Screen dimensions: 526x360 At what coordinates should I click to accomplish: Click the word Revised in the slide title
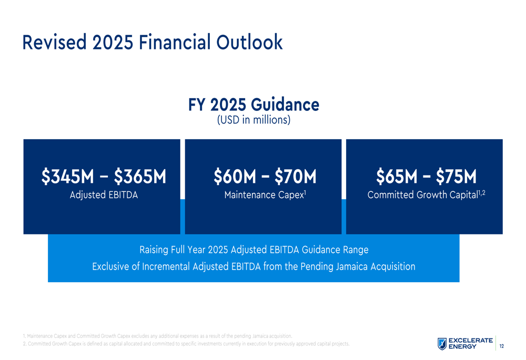[55, 42]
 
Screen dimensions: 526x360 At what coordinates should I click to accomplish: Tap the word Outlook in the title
[249, 42]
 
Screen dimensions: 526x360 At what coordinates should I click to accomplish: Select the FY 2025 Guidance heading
[254, 105]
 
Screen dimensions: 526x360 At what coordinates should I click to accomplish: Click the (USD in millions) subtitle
[254, 120]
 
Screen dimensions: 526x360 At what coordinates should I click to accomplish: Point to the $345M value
[68, 177]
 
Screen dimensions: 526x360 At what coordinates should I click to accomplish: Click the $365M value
[140, 177]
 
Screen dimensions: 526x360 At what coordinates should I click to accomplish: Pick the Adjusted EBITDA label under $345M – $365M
[104, 195]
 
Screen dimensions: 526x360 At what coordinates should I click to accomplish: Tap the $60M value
[235, 177]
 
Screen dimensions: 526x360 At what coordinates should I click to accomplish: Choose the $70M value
[295, 177]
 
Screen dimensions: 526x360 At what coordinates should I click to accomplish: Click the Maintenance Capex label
[265, 195]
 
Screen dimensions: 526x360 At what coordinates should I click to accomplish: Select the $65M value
[397, 177]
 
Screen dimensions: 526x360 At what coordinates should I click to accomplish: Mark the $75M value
[456, 177]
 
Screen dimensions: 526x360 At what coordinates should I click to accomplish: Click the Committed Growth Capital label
[423, 195]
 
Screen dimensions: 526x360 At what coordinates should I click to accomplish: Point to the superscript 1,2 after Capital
[482, 193]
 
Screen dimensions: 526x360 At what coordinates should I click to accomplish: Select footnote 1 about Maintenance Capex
[158, 336]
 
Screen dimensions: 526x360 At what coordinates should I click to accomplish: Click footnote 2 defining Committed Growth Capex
[186, 344]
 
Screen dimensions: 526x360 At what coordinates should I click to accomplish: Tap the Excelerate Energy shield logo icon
[442, 344]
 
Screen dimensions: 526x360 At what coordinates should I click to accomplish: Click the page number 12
[501, 346]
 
